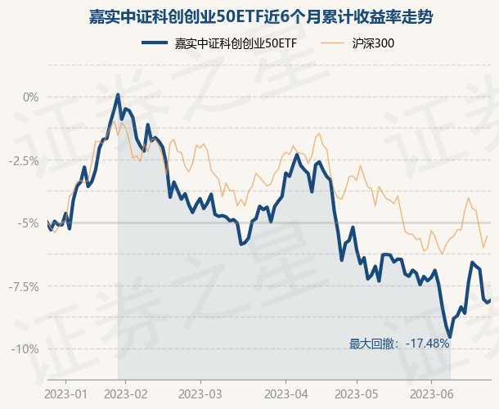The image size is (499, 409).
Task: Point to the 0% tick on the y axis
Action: click(30, 97)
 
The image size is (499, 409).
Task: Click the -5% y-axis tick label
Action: click(29, 223)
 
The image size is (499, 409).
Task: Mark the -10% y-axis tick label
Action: click(25, 349)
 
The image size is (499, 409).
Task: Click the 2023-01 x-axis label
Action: click(66, 393)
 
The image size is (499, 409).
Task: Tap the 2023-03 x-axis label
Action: click(204, 393)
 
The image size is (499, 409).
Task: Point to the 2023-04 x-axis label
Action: click(286, 393)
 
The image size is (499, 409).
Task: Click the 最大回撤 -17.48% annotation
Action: click(399, 344)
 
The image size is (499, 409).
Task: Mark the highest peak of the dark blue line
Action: click(118, 95)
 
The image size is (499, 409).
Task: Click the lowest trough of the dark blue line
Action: click(449, 336)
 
